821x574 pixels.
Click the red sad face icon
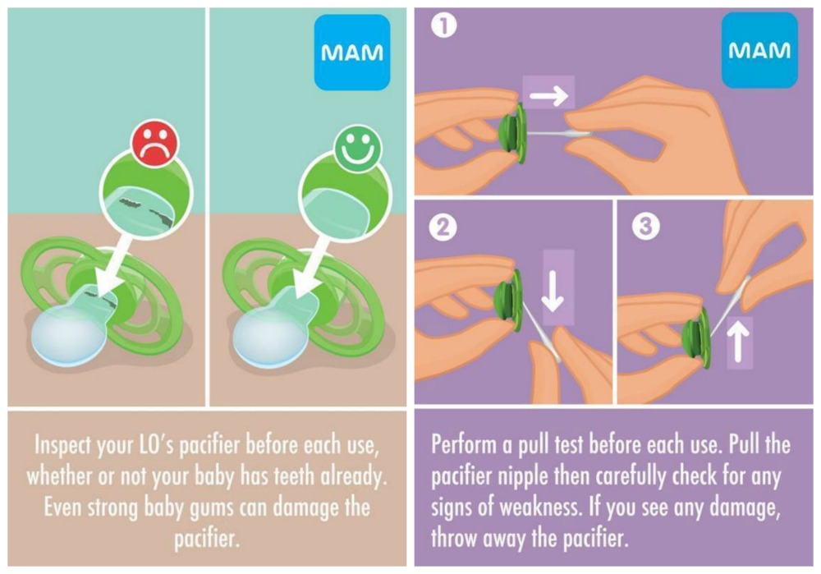[x=154, y=144]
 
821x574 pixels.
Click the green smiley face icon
[x=358, y=148]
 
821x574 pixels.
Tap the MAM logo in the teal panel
[x=352, y=53]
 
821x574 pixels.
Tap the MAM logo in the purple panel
[x=759, y=50]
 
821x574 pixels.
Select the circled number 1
[x=444, y=25]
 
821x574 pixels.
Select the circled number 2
[x=443, y=227]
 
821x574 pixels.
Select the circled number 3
[x=645, y=227]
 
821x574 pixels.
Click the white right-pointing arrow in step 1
[x=548, y=95]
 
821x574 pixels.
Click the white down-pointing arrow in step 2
[x=553, y=290]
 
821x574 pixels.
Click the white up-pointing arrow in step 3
[x=738, y=341]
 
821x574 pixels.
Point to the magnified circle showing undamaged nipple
[x=346, y=196]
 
